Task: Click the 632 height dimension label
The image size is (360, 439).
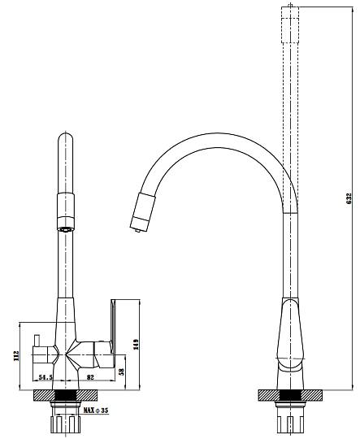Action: (x=349, y=198)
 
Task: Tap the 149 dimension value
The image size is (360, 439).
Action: (x=136, y=345)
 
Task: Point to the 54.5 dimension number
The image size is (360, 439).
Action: (x=46, y=377)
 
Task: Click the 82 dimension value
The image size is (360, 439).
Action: (x=90, y=377)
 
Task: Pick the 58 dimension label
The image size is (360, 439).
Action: (x=121, y=372)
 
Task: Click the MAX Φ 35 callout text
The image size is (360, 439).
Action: (x=96, y=411)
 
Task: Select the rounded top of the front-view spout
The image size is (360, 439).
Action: (x=66, y=137)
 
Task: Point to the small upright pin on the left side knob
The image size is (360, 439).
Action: (x=37, y=341)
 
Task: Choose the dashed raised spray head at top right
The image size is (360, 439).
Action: (x=291, y=24)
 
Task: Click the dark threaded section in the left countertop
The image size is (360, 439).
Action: (x=66, y=395)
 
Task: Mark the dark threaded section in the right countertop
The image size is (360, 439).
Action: (x=290, y=395)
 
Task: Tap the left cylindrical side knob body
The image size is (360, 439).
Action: (x=42, y=355)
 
